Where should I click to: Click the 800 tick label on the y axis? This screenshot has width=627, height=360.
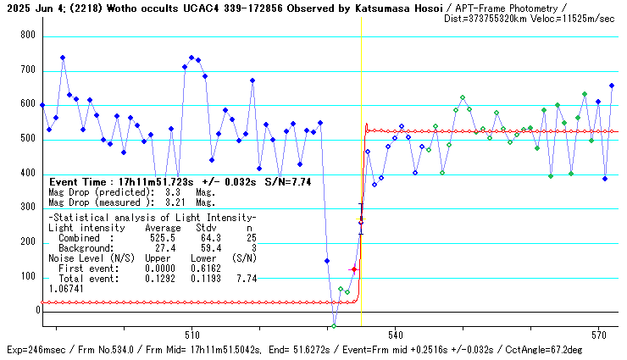27,36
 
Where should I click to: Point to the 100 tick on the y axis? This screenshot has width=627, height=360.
27,277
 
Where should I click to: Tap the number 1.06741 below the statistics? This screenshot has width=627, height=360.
66,289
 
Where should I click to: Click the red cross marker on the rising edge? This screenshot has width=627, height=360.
354,270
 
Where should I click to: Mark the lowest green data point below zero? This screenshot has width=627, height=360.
334,326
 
